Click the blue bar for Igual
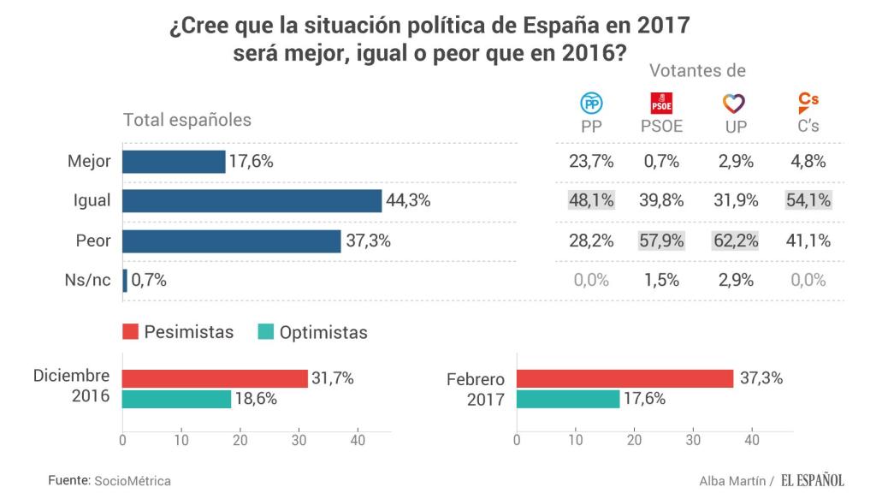click(x=252, y=201)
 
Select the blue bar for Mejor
click(x=174, y=161)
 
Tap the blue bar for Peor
click(x=232, y=241)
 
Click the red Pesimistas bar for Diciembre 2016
click(x=215, y=378)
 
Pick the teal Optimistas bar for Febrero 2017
click(x=568, y=399)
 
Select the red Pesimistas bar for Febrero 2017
click(x=624, y=378)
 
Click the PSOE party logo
click(x=662, y=104)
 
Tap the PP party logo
click(x=592, y=104)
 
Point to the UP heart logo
click(x=733, y=104)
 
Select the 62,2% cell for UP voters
click(x=735, y=241)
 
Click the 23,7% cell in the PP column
click(x=591, y=161)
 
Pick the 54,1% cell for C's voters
click(x=808, y=201)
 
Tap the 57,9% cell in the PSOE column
click(x=661, y=241)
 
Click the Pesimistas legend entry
click(x=179, y=332)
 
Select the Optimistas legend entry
click(x=312, y=332)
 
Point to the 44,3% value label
click(x=407, y=201)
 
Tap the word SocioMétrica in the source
click(x=133, y=481)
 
